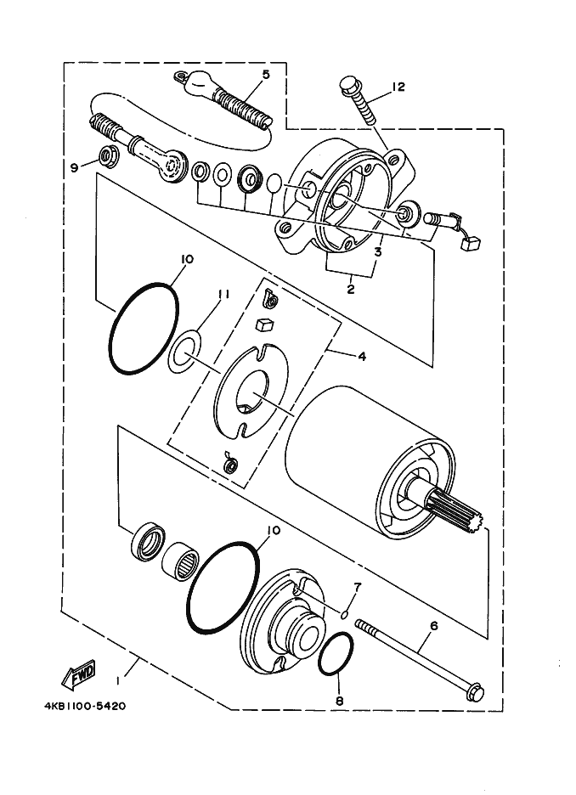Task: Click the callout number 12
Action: pos(399,87)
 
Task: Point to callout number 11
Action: pos(223,294)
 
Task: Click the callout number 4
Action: pos(361,357)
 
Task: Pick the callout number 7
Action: pos(357,587)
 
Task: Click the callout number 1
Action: pos(119,679)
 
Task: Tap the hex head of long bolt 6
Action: pos(475,692)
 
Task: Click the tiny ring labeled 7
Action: pos(345,613)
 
